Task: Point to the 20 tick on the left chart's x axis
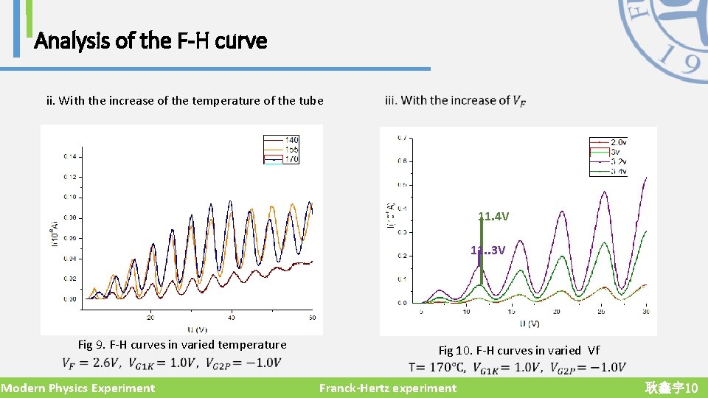click(x=150, y=318)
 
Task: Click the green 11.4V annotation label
click(x=493, y=217)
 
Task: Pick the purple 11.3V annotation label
click(x=488, y=250)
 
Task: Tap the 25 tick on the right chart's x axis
click(x=601, y=312)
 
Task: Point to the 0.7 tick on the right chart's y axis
click(x=401, y=138)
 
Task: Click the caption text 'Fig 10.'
click(x=456, y=351)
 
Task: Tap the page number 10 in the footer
click(x=691, y=388)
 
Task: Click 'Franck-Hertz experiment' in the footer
click(x=388, y=388)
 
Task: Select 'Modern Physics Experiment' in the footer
click(x=78, y=388)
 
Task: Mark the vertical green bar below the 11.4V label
click(x=482, y=254)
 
